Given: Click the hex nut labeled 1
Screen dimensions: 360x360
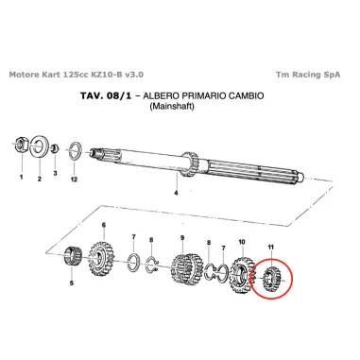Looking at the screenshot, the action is pos(22,144).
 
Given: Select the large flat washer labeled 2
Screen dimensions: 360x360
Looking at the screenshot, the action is pos(39,146).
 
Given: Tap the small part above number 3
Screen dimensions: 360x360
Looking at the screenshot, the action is pos(55,148).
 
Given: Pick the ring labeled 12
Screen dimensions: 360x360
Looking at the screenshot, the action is pos(75,151).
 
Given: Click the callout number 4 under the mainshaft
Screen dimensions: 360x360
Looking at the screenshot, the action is pos(176,193).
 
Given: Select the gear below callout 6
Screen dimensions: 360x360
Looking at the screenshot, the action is pos(101,258).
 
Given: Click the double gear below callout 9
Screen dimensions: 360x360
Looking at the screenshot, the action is pos(184,268).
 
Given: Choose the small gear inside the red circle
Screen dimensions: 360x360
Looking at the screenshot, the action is pos(271,279).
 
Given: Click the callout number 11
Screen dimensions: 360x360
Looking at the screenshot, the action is pos(270,248).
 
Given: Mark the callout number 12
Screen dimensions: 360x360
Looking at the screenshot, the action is pos(74,180).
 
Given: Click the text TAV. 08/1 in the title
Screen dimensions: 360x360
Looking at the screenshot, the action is pos(106,95).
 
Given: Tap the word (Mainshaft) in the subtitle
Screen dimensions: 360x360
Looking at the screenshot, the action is pos(172,106).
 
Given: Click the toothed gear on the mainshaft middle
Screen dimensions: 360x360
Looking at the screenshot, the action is pos(189,163).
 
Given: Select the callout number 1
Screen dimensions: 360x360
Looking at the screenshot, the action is pos(21,178).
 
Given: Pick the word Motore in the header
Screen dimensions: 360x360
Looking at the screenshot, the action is pos(24,75).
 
